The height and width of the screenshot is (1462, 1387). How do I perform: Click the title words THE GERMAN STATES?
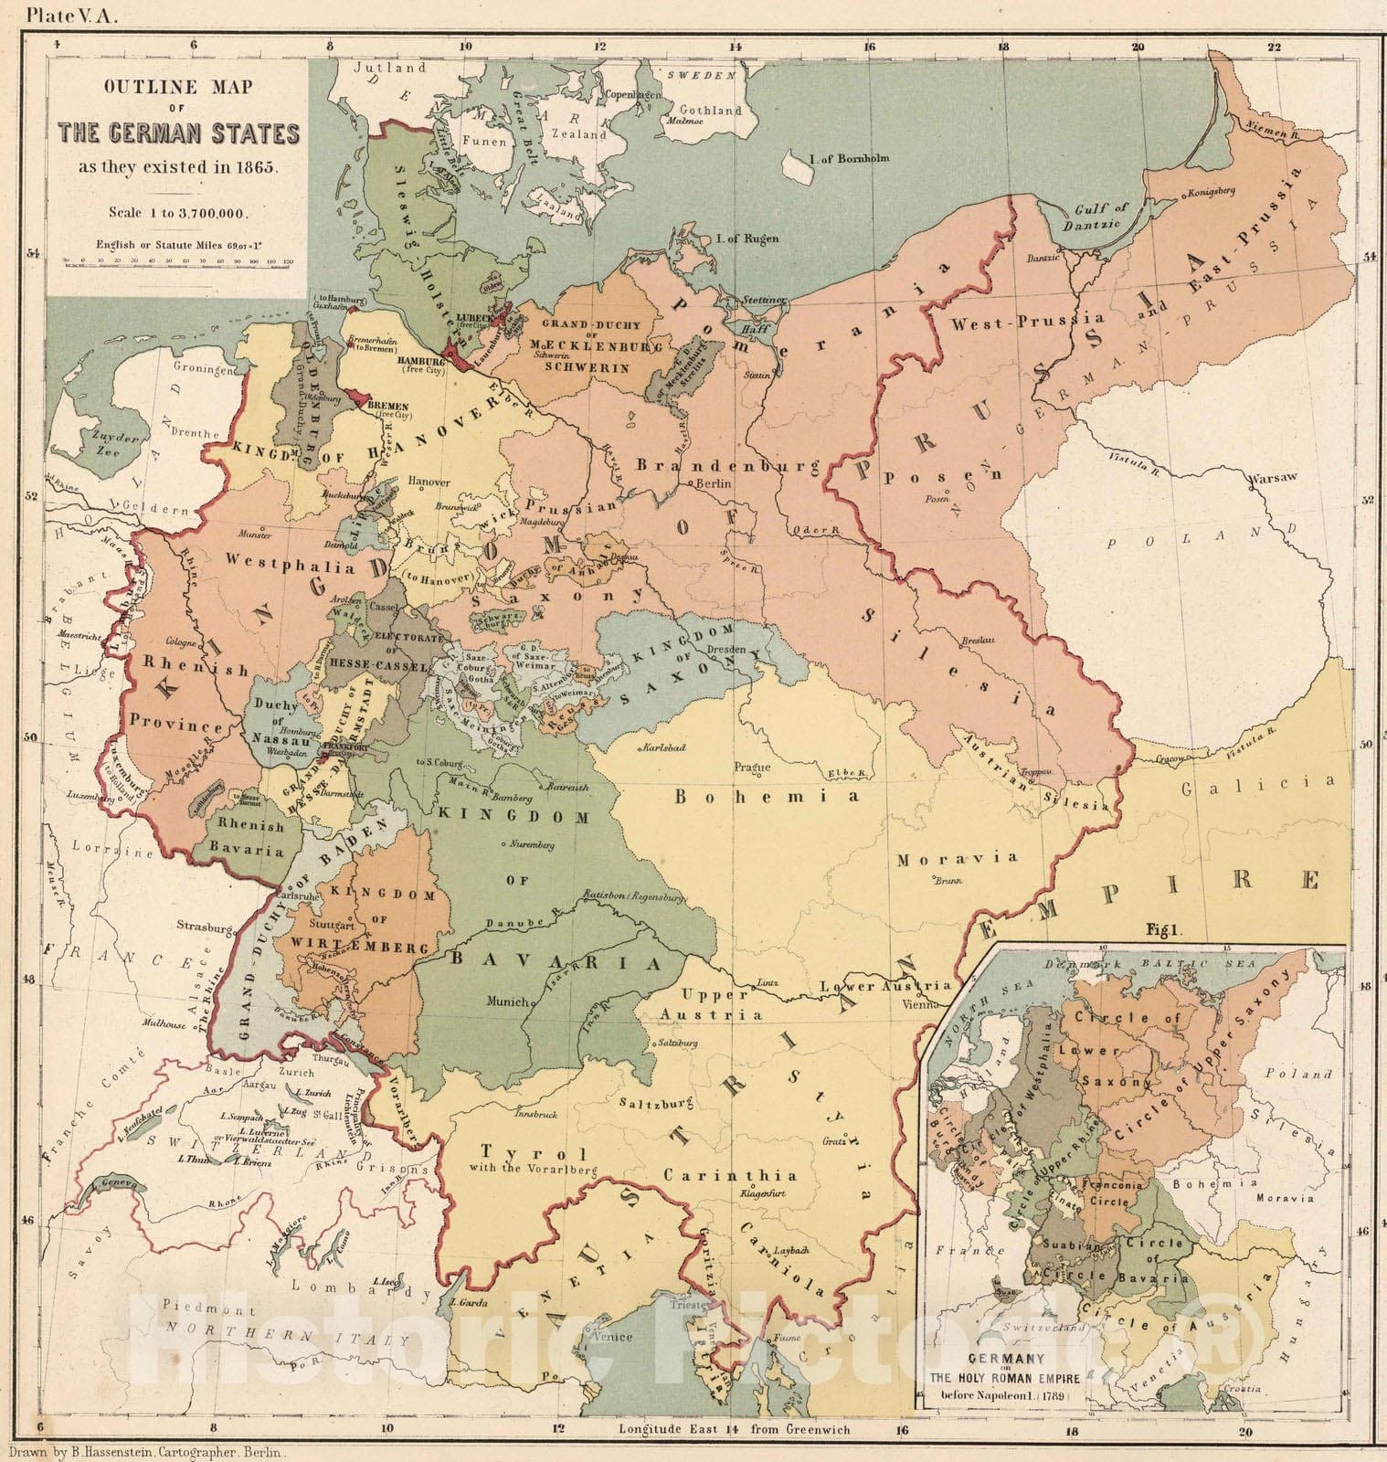pos(179,134)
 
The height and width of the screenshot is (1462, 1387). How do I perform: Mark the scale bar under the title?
pos(179,260)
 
